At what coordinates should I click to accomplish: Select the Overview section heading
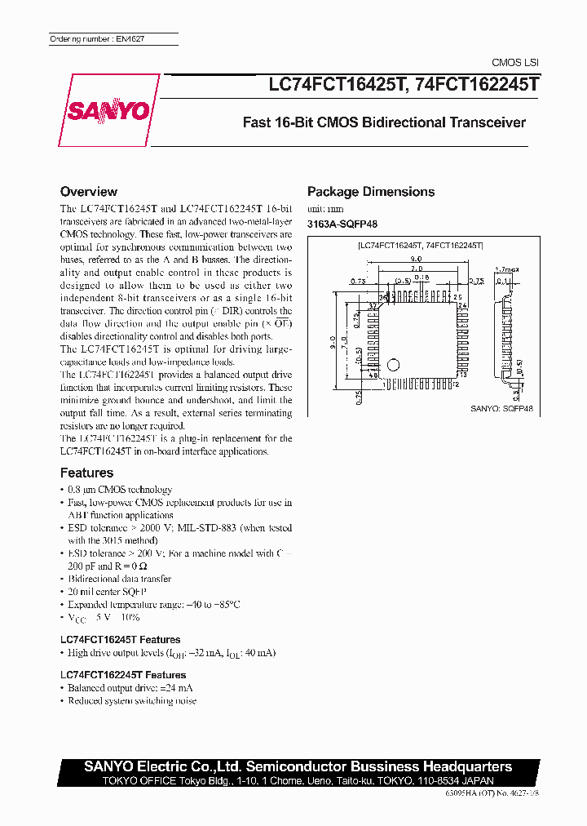(x=89, y=192)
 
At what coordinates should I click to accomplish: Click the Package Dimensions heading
(x=370, y=192)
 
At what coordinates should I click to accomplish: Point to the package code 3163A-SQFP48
(x=342, y=224)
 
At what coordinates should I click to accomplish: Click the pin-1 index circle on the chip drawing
(x=393, y=364)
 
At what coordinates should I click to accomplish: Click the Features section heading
(x=86, y=473)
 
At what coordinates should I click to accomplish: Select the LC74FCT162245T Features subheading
(x=123, y=675)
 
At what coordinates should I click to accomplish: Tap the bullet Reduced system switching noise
(x=132, y=700)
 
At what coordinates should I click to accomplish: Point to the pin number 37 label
(x=373, y=305)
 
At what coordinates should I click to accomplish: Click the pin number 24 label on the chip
(x=461, y=305)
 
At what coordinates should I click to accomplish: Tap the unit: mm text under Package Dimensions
(x=325, y=211)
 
